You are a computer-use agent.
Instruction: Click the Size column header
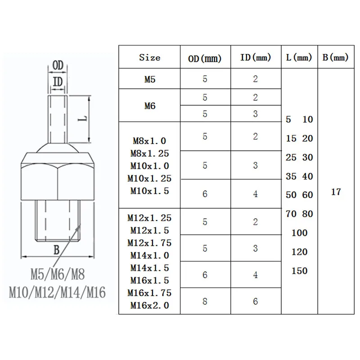[150, 58]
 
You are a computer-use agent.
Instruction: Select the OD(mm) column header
[205, 58]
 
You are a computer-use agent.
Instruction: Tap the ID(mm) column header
[256, 58]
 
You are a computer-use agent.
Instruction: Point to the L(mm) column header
[299, 58]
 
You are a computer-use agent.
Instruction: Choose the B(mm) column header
[335, 58]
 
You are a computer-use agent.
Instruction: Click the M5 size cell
[150, 80]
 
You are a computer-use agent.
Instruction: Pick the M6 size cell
[150, 106]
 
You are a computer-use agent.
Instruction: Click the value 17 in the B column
[336, 192]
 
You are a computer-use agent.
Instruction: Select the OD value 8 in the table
[205, 301]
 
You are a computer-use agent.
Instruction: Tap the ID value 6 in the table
[256, 301]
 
